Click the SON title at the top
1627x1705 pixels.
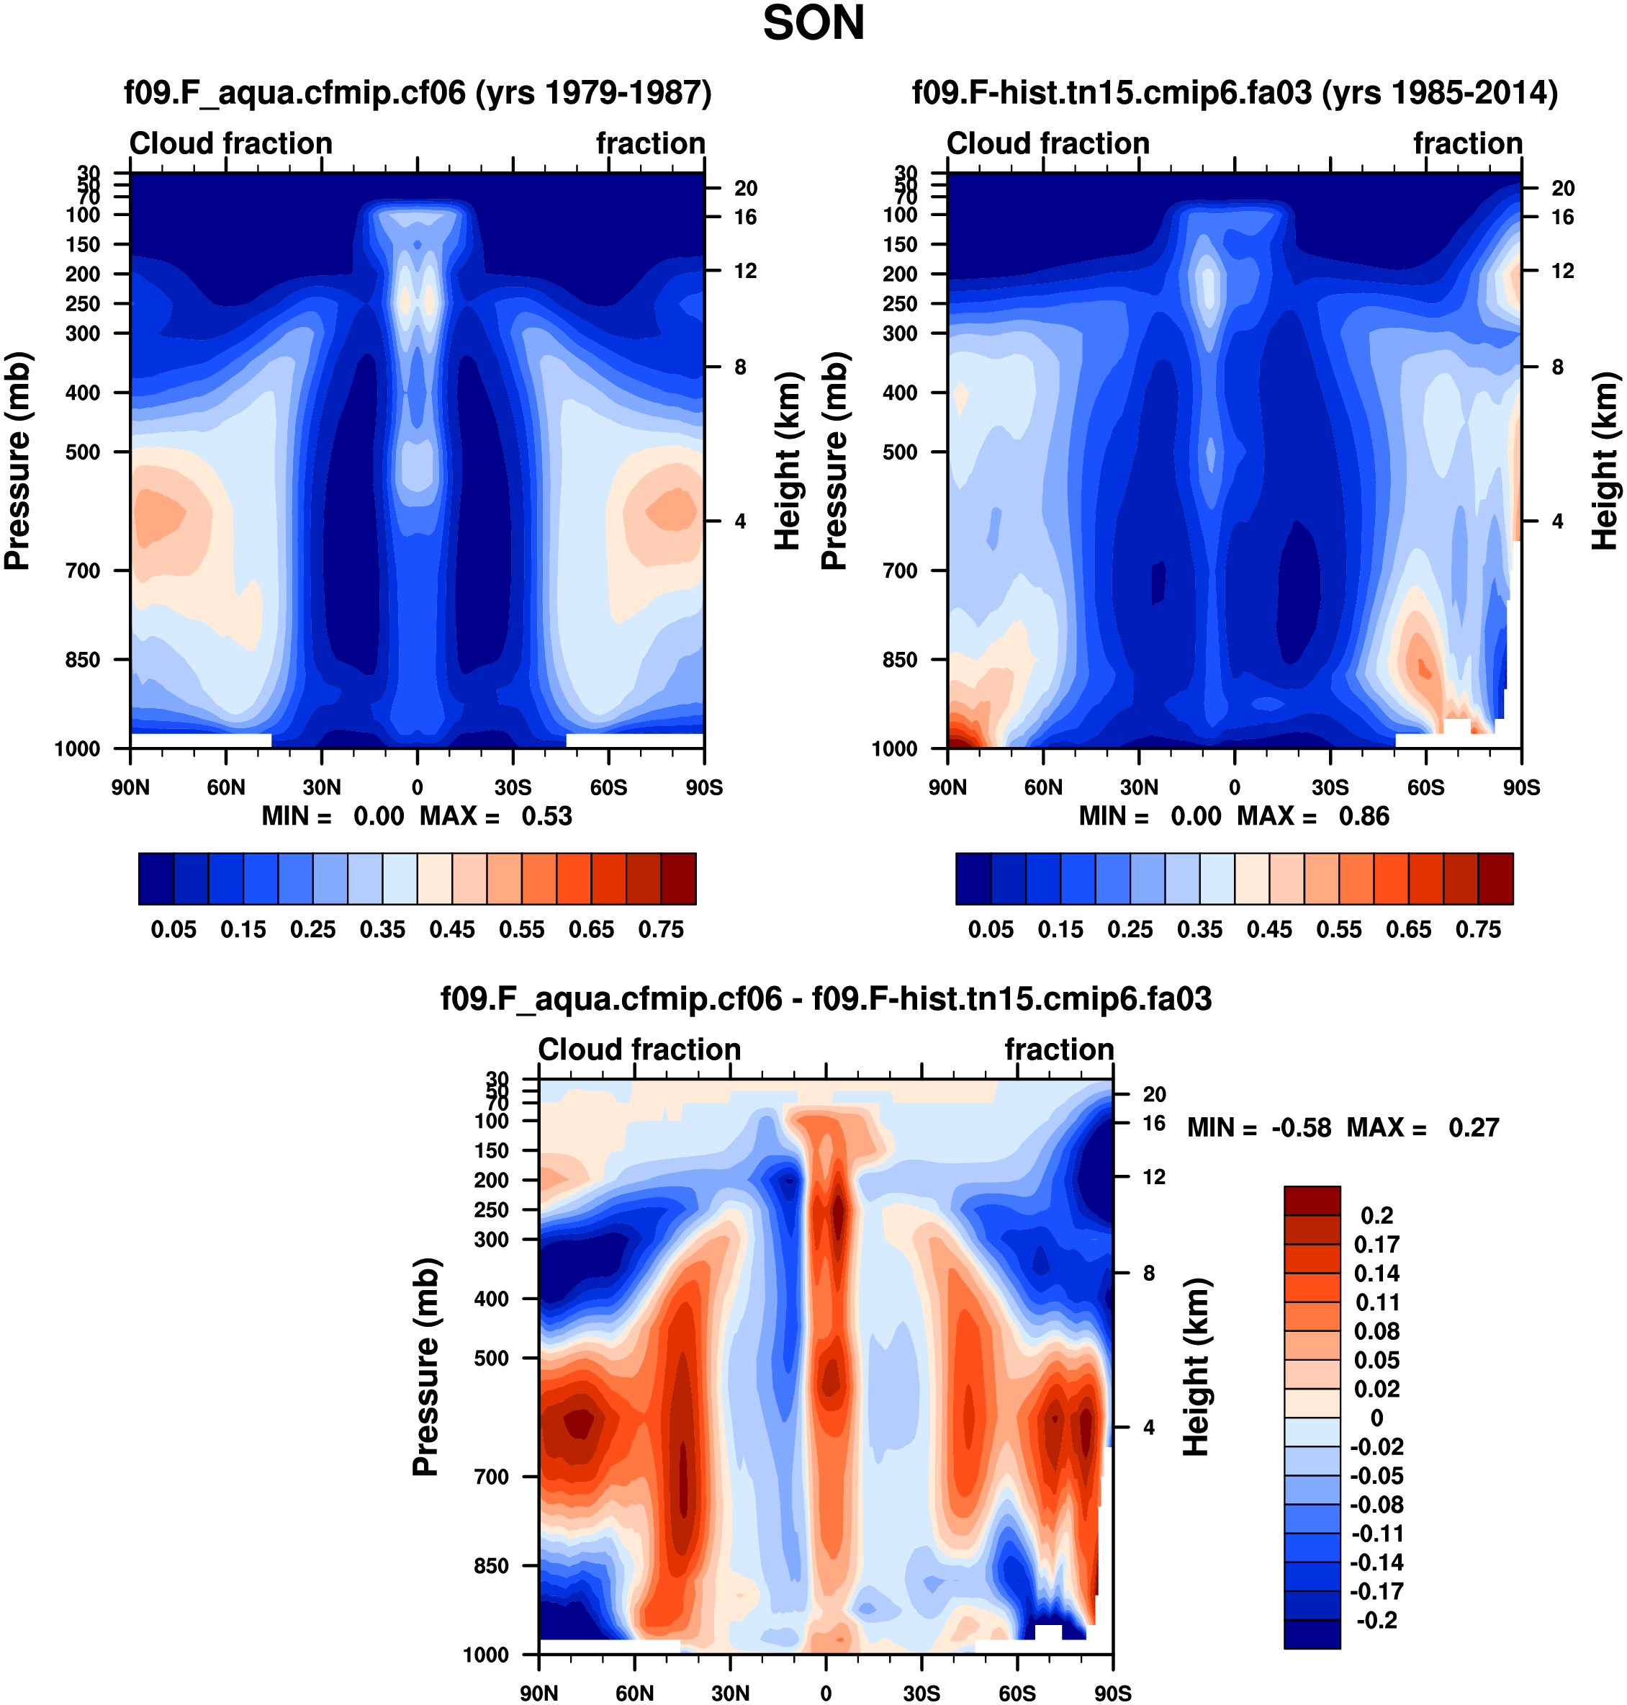pos(813,24)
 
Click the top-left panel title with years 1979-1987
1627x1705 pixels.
pos(417,92)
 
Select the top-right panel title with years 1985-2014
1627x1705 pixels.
pos(1234,92)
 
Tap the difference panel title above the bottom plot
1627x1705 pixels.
pos(826,998)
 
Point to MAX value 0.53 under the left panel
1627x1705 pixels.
pos(546,817)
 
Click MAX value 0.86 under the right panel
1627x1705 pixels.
pos(1364,817)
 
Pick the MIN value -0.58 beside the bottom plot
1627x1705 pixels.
pos(1301,1127)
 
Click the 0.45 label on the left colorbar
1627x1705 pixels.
pos(452,929)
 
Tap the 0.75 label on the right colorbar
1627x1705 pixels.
pos(1478,929)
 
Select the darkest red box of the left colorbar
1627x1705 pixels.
pos(678,879)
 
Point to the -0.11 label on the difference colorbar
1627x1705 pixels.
pos(1376,1533)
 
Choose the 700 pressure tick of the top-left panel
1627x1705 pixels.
pos(84,571)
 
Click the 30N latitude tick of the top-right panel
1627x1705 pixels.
pos(1139,788)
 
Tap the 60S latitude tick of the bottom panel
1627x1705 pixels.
pos(1017,1693)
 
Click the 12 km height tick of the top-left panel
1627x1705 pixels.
pos(745,272)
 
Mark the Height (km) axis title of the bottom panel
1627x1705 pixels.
pos(1196,1366)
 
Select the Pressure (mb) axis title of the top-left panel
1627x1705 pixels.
pos(17,461)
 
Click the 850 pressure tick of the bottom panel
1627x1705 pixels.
pos(491,1566)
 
